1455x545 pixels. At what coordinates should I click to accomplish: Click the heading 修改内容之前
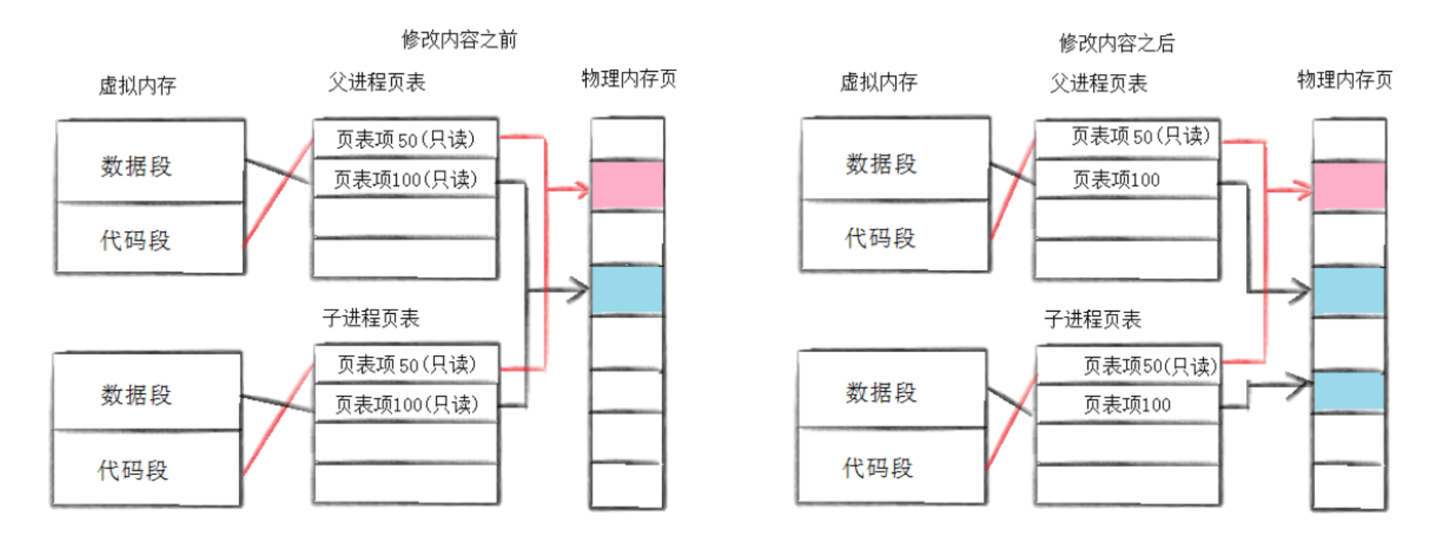coord(459,39)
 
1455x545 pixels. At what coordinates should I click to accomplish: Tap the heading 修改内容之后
coord(1116,43)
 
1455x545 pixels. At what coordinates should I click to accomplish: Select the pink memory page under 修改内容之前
coord(627,186)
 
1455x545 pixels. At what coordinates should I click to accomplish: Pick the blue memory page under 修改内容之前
coord(627,289)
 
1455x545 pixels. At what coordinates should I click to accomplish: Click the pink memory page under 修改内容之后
coord(1349,186)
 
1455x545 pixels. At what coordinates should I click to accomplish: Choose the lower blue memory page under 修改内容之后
coord(1349,391)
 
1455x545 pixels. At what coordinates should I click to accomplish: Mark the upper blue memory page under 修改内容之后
coord(1349,291)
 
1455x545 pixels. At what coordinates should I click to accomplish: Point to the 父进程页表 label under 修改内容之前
coord(377,82)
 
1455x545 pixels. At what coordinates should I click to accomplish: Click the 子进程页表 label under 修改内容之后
coord(1092,320)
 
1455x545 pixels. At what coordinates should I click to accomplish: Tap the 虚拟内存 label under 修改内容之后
coord(878,82)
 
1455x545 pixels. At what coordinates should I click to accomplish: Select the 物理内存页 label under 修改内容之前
coord(629,79)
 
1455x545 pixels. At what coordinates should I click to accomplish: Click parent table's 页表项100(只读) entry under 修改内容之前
coord(405,179)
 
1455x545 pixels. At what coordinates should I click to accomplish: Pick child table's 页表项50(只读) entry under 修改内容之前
coord(406,364)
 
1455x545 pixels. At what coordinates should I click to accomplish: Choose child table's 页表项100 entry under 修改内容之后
coord(1127,405)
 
